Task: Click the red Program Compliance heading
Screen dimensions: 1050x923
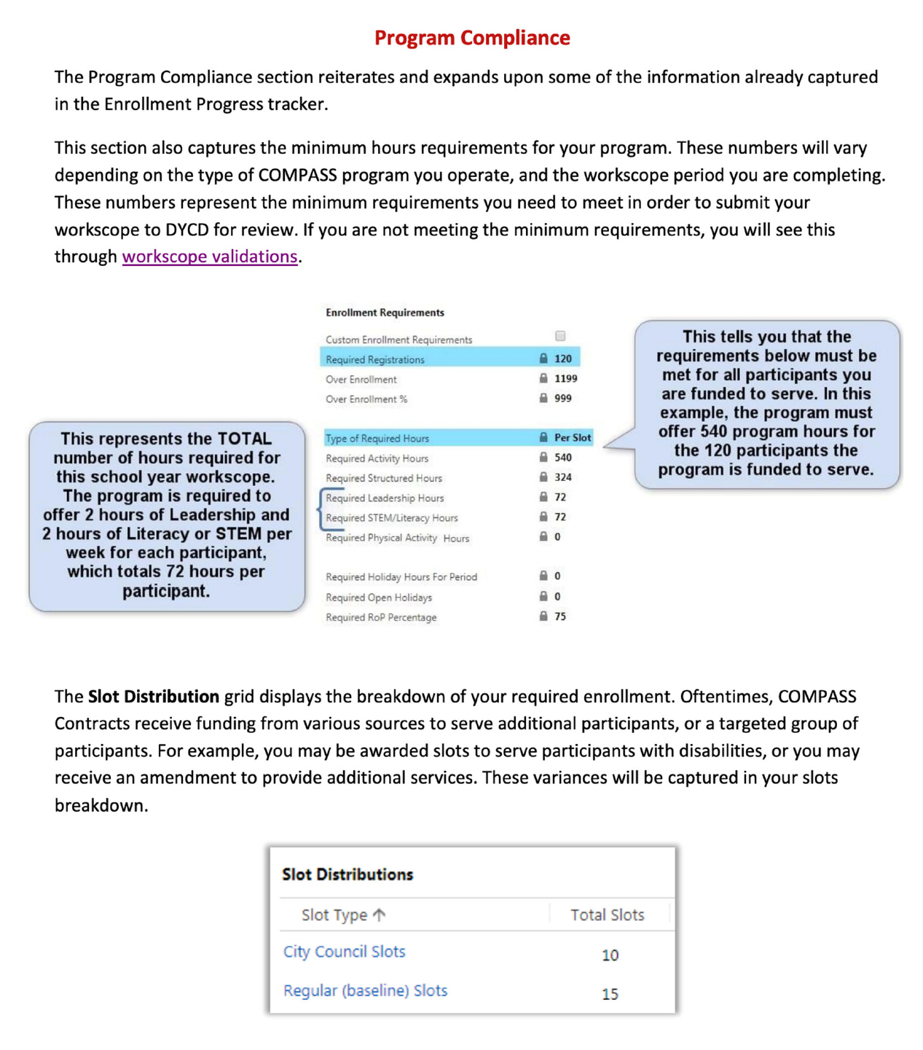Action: [472, 38]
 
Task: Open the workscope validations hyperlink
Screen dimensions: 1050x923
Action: [210, 256]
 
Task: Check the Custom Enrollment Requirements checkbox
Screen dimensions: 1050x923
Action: [560, 336]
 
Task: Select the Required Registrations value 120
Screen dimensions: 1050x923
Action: [563, 359]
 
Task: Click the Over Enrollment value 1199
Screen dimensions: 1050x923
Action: [565, 378]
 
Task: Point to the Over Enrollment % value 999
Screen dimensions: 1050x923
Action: [563, 398]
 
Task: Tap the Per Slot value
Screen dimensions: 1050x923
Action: [573, 437]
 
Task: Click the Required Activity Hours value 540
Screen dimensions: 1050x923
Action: [563, 457]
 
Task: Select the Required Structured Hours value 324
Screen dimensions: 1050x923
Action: [563, 477]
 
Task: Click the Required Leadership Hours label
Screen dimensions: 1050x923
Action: [385, 498]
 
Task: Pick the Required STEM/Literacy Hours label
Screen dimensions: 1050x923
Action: [392, 517]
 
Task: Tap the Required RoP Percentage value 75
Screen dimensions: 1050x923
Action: [560, 616]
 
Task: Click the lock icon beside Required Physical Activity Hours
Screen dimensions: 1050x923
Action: [543, 536]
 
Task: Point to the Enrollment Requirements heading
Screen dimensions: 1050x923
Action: [385, 313]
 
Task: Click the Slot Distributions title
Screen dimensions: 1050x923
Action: [347, 874]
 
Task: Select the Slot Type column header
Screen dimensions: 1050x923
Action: [334, 914]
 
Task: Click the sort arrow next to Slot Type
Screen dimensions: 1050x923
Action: [380, 914]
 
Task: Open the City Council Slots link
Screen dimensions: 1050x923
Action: [344, 952]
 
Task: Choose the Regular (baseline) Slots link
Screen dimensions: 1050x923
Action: [365, 990]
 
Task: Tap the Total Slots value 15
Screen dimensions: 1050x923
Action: [610, 994]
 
